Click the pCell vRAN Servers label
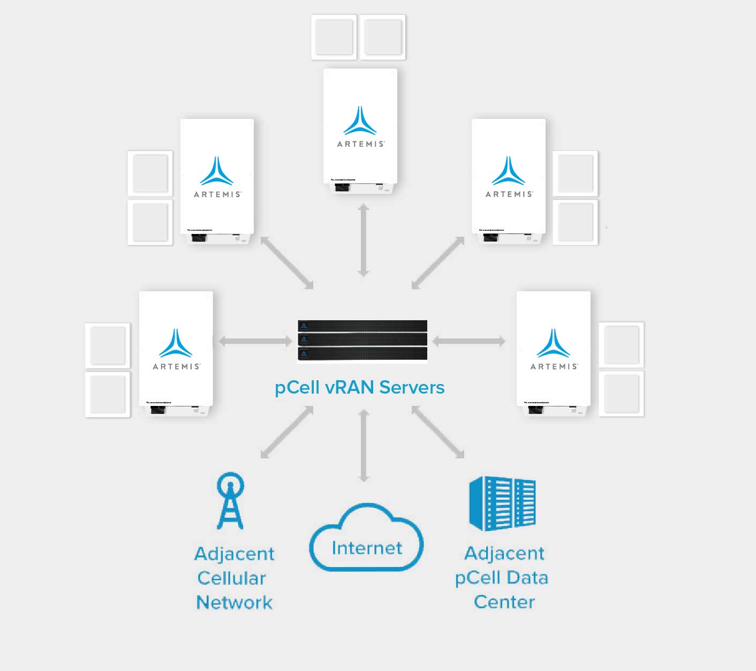359,387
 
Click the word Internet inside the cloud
367,548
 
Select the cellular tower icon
230,501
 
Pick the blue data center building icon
502,503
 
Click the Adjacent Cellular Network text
234,578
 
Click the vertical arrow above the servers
364,240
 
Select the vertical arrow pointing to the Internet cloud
364,446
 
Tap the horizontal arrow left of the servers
255,341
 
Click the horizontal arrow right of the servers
468,341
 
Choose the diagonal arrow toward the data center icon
438,432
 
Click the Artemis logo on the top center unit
360,127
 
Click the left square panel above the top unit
334,37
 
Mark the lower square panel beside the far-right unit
621,394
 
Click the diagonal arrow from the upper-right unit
438,263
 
